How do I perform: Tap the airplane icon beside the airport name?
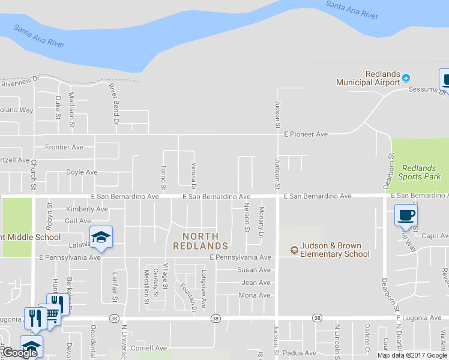pyautogui.click(x=406, y=77)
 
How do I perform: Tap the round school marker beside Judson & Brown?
pyautogui.click(x=294, y=250)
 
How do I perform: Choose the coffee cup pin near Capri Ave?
pyautogui.click(x=406, y=215)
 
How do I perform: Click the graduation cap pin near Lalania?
pyautogui.click(x=101, y=237)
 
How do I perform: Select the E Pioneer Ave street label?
pyautogui.click(x=306, y=134)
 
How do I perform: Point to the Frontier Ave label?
pyautogui.click(x=64, y=147)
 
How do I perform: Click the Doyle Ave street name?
pyautogui.click(x=82, y=172)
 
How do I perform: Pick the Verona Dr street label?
pyautogui.click(x=194, y=174)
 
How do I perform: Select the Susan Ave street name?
pyautogui.click(x=253, y=270)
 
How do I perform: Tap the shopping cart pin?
pyautogui.click(x=52, y=313)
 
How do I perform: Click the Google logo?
pyautogui.click(x=20, y=353)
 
